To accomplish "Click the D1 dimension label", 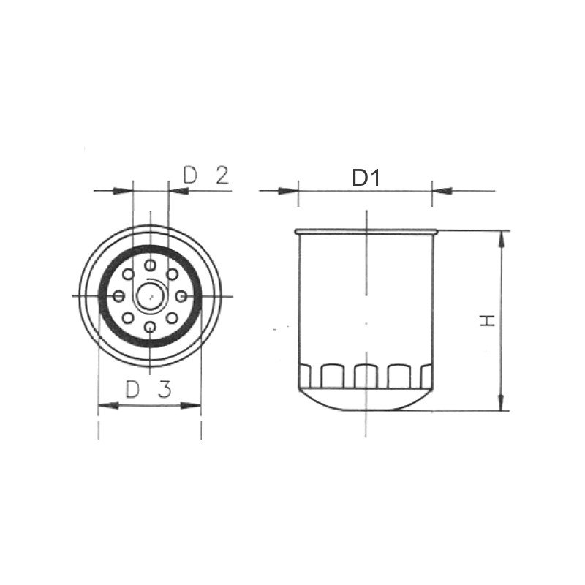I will click(x=366, y=178).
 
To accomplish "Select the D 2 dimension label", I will click(x=206, y=175).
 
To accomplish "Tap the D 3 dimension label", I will click(x=148, y=389).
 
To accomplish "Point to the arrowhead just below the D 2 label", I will click(x=178, y=191).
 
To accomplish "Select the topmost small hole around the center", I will click(x=150, y=264).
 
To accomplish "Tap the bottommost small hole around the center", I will click(x=150, y=327).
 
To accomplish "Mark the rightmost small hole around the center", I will click(x=182, y=295).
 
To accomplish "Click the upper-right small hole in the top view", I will click(x=173, y=273).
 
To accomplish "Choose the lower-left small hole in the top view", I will click(x=127, y=317).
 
